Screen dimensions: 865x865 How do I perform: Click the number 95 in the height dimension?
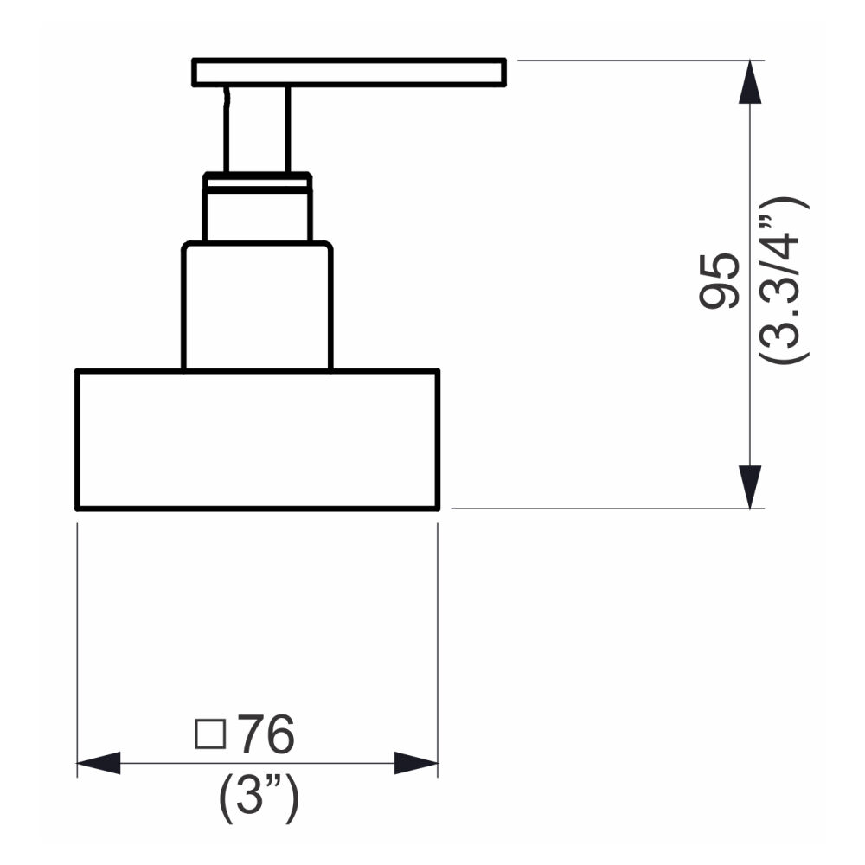pyautogui.click(x=720, y=281)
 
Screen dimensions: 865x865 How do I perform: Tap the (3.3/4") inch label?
pyautogui.click(x=783, y=281)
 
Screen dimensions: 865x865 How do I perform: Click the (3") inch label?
pyautogui.click(x=259, y=798)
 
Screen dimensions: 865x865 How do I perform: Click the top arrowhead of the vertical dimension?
pyautogui.click(x=750, y=82)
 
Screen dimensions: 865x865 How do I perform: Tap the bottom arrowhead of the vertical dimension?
pyautogui.click(x=750, y=487)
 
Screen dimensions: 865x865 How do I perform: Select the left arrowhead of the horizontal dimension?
pyautogui.click(x=99, y=763)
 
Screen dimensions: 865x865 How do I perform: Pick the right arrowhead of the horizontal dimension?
pyautogui.click(x=416, y=763)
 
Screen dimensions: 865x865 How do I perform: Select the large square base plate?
pyautogui.click(x=258, y=439)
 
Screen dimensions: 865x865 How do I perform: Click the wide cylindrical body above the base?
pyautogui.click(x=257, y=307)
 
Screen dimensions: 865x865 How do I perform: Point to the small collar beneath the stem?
pyautogui.click(x=257, y=213)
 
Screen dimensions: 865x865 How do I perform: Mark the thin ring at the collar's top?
pyautogui.click(x=257, y=179)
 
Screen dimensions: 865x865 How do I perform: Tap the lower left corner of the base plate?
pyautogui.click(x=79, y=508)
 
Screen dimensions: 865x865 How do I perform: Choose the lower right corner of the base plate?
pyautogui.click(x=438, y=508)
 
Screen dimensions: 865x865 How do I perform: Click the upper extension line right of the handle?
pyautogui.click(x=631, y=61)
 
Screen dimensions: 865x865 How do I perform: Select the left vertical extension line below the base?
pyautogui.click(x=78, y=640)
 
